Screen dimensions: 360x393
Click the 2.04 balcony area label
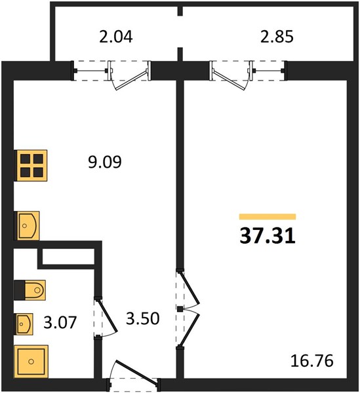[x=115, y=37]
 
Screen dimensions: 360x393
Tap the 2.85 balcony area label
[x=277, y=37]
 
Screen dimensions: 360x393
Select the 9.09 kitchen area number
[x=105, y=162]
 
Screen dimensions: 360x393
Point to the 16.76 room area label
[x=312, y=361]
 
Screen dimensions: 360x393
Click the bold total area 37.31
[x=268, y=236]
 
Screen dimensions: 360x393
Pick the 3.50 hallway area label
[x=142, y=318]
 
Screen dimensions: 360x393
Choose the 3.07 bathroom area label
[x=60, y=322]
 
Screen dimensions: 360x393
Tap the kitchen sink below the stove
[x=28, y=226]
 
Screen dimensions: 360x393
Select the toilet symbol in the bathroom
[x=30, y=290]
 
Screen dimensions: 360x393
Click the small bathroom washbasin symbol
[x=24, y=324]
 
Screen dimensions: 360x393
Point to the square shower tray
[x=31, y=362]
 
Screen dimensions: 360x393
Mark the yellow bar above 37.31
[x=268, y=217]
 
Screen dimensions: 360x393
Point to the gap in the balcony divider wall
[x=180, y=31]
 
